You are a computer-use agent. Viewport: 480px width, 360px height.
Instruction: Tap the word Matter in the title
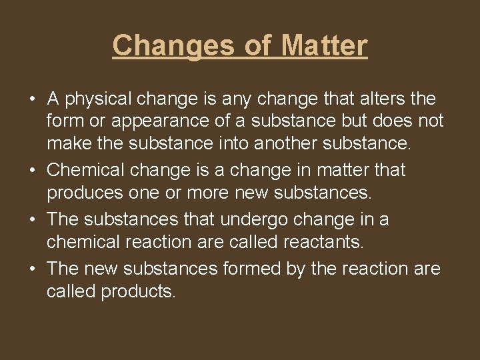point(324,45)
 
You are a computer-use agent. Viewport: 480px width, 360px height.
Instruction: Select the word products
point(138,292)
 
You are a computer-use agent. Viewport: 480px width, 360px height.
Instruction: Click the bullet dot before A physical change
point(33,100)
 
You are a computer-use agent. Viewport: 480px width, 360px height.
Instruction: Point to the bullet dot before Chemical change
point(33,171)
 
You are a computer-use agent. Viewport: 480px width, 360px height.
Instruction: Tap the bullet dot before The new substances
point(33,269)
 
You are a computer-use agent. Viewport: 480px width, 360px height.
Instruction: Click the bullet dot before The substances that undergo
point(33,220)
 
